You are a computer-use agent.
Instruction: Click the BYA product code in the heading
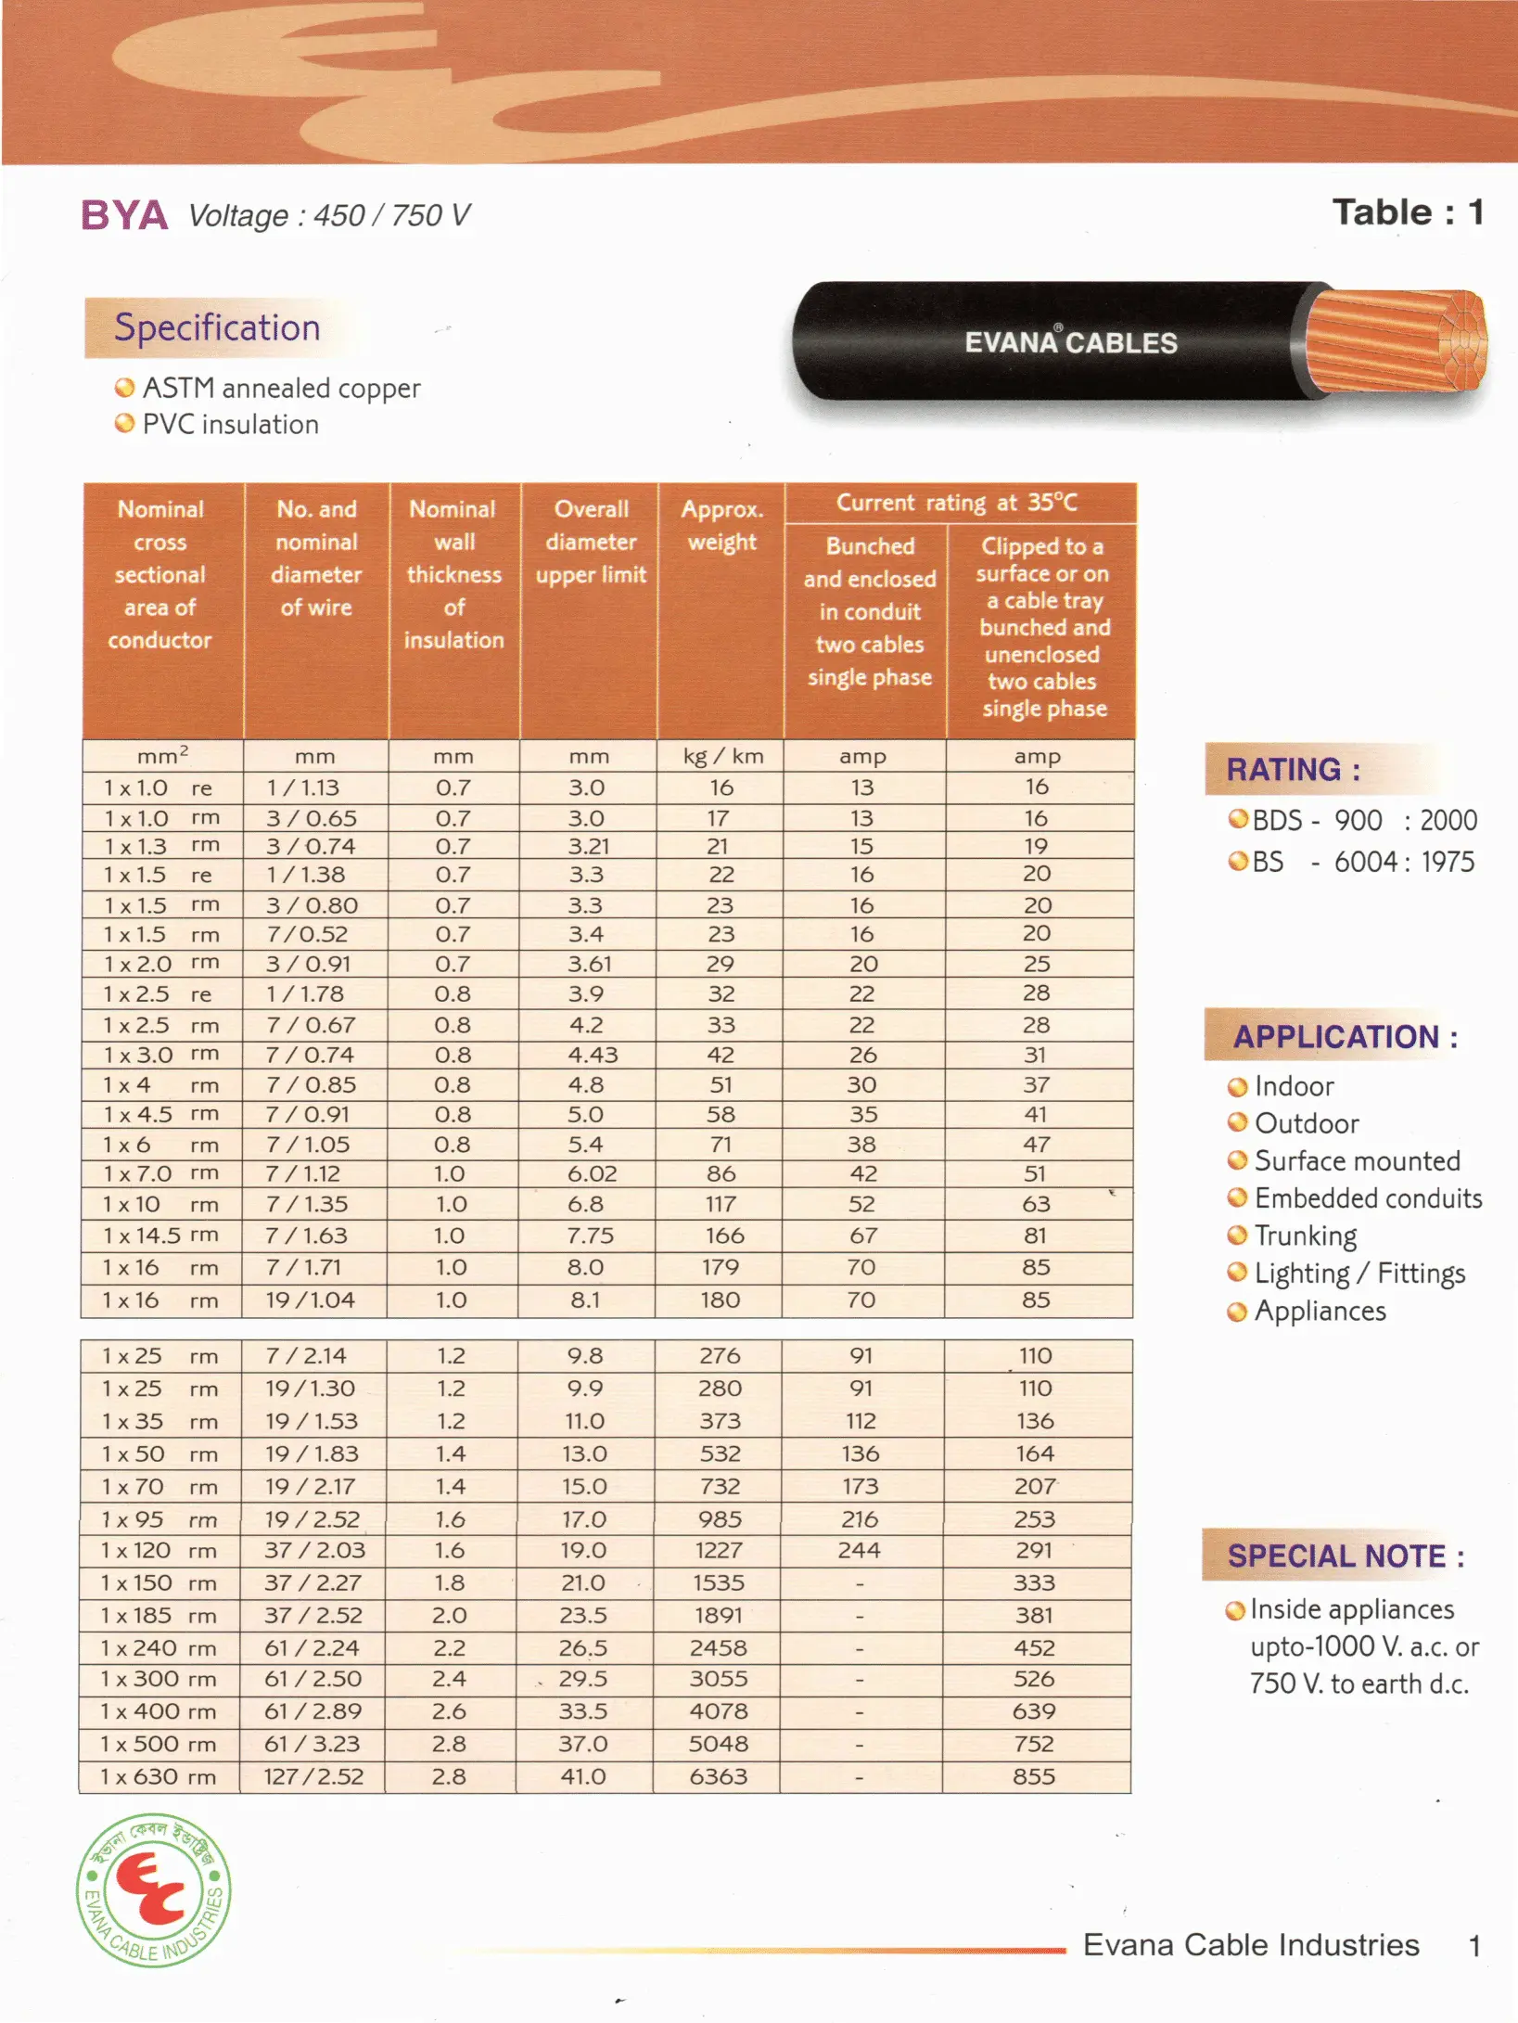click(x=124, y=215)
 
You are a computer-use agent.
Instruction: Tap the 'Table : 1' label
click(x=1408, y=213)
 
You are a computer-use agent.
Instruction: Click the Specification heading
click(x=217, y=327)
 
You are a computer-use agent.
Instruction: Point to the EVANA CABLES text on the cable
click(x=1070, y=342)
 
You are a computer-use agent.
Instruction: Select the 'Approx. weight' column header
click(x=721, y=526)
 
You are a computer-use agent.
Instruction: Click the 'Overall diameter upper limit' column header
click(x=591, y=542)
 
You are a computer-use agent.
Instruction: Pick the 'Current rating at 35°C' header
click(x=957, y=503)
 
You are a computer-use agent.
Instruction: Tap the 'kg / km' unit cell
click(x=722, y=756)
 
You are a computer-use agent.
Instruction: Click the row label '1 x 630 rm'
click(x=159, y=1776)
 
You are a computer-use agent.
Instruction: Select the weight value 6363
click(x=718, y=1776)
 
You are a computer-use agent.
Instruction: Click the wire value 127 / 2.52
click(x=313, y=1776)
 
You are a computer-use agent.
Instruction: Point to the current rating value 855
click(x=1034, y=1776)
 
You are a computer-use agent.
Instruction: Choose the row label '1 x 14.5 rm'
click(x=160, y=1236)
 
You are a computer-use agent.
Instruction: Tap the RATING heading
click(x=1293, y=770)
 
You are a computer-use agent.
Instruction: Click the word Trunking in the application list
click(x=1305, y=1236)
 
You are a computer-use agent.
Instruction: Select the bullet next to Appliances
click(x=1236, y=1312)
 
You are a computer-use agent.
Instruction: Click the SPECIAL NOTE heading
click(x=1345, y=1556)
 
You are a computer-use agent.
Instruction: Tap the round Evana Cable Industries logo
click(x=153, y=1889)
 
